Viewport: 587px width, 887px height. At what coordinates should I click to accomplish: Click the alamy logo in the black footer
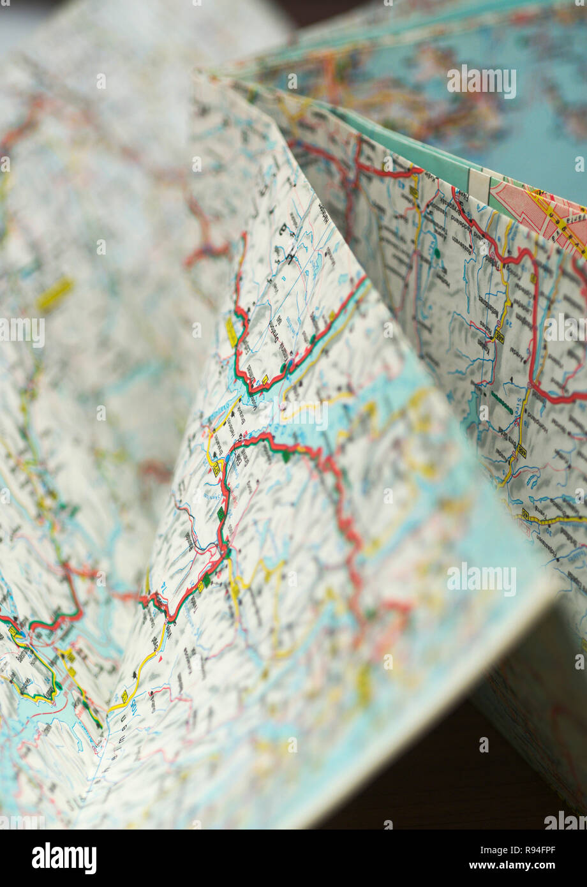pyautogui.click(x=64, y=858)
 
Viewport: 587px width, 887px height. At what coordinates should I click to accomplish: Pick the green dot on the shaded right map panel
pyautogui.click(x=438, y=253)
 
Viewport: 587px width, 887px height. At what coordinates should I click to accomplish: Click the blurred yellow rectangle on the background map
pyautogui.click(x=55, y=294)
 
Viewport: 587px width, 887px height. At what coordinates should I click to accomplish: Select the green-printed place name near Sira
pyautogui.click(x=501, y=402)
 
